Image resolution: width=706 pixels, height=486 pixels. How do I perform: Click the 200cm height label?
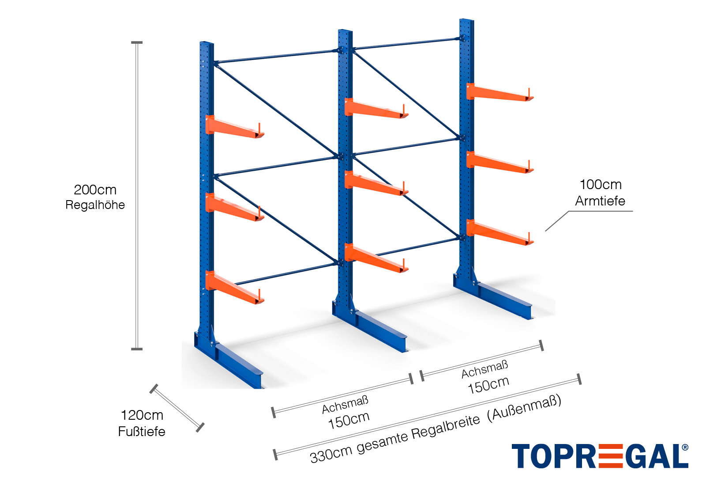[95, 190]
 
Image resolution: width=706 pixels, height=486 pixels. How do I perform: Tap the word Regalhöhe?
[95, 205]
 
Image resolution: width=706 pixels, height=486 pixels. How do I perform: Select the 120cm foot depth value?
[142, 415]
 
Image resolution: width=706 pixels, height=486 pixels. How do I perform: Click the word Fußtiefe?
[142, 432]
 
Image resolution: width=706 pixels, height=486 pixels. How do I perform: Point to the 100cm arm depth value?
[600, 185]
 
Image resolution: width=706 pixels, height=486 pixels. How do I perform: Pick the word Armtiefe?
[600, 201]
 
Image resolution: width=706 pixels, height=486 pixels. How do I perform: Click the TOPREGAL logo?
[600, 456]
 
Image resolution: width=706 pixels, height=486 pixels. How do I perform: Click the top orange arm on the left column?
[234, 128]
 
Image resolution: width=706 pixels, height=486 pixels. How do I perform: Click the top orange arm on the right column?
[499, 93]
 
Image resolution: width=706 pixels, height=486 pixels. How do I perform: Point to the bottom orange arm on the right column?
[499, 233]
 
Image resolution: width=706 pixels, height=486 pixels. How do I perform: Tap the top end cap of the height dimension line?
[137, 43]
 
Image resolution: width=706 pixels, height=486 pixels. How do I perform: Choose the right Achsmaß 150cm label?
[486, 377]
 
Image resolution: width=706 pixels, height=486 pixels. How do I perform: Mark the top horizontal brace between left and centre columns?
[276, 57]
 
